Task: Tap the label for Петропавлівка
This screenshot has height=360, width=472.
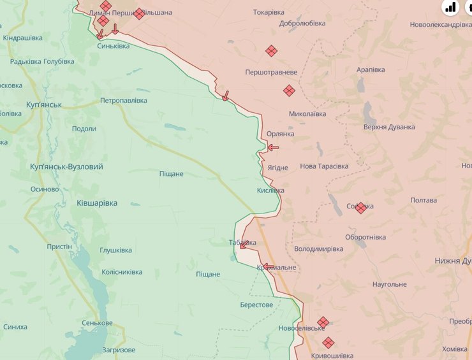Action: [124, 101]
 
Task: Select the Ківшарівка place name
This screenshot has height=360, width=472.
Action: [97, 203]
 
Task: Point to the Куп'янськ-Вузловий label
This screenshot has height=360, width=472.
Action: [66, 166]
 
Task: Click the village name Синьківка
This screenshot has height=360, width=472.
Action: [113, 46]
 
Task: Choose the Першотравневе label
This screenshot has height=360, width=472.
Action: [271, 73]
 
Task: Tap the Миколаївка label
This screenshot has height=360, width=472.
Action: [307, 114]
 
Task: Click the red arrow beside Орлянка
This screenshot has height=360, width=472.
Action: [273, 148]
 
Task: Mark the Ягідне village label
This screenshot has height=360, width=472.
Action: [277, 168]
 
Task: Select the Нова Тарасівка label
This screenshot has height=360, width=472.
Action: [324, 166]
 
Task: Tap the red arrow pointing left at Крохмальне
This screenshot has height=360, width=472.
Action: [269, 266]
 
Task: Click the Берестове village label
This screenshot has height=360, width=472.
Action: [256, 305]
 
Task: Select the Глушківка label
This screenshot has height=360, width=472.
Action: [115, 250]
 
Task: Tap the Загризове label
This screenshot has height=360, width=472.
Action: [119, 350]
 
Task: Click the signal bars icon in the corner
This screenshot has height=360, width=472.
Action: [451, 7]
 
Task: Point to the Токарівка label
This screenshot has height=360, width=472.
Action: [269, 12]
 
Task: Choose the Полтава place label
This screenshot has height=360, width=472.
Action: [424, 200]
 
